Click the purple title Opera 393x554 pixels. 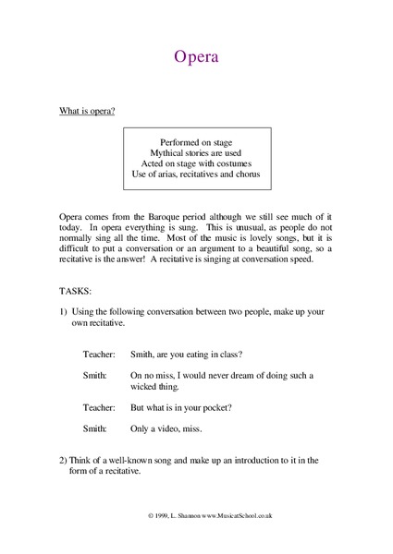196,58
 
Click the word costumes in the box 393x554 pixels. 228,163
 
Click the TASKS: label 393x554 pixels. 75,289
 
